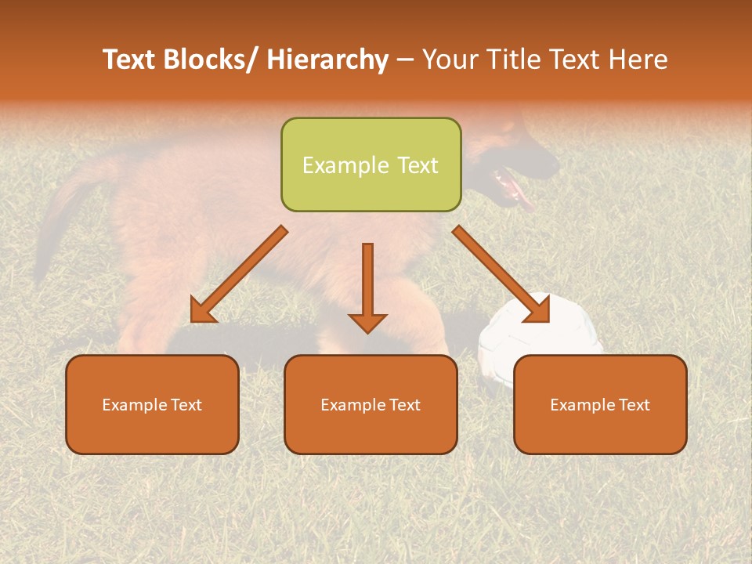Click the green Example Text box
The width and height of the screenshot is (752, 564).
pyautogui.click(x=371, y=164)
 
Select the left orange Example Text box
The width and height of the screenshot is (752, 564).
pyautogui.click(x=152, y=404)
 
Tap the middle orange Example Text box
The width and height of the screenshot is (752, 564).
pyautogui.click(x=371, y=404)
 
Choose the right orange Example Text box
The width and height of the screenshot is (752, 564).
pyautogui.click(x=600, y=404)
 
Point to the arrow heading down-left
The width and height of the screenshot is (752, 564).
pyautogui.click(x=239, y=274)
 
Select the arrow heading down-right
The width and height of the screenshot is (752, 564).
pyautogui.click(x=501, y=274)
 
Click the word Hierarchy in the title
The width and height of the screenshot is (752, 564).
pyautogui.click(x=327, y=60)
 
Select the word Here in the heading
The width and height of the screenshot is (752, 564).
pyautogui.click(x=635, y=60)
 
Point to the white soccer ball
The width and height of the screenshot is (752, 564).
pyautogui.click(x=540, y=333)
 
